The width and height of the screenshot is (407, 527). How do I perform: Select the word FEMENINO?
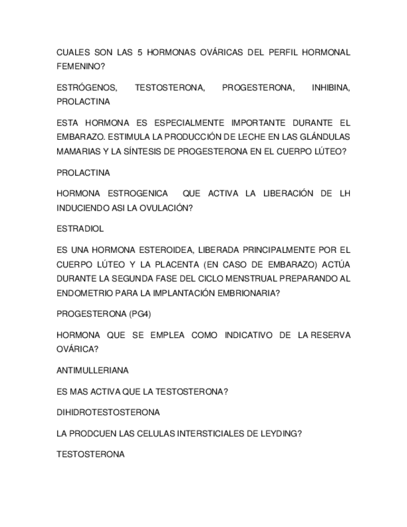[77, 66]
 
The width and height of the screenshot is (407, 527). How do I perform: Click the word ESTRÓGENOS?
[86, 88]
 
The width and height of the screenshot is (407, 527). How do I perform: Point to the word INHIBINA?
[331, 88]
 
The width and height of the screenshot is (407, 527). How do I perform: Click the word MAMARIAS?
[77, 151]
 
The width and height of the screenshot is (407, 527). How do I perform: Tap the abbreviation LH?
[345, 193]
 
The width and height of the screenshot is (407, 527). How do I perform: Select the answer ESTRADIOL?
[80, 229]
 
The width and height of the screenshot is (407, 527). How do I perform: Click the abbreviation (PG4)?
[145, 314]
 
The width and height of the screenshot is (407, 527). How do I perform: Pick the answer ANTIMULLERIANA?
[93, 370]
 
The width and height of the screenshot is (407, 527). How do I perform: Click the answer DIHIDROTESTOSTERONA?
[108, 412]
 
